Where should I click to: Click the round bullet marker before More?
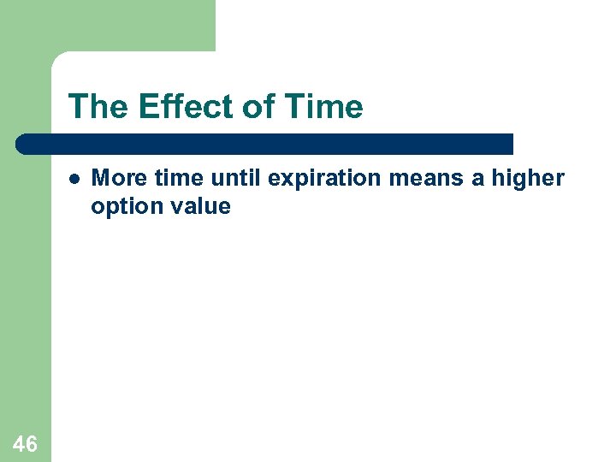(74, 180)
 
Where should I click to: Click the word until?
(237, 178)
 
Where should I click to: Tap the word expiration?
(326, 179)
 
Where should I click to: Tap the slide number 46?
(25, 443)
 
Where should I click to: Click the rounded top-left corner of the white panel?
(59, 59)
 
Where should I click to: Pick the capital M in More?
(99, 178)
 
